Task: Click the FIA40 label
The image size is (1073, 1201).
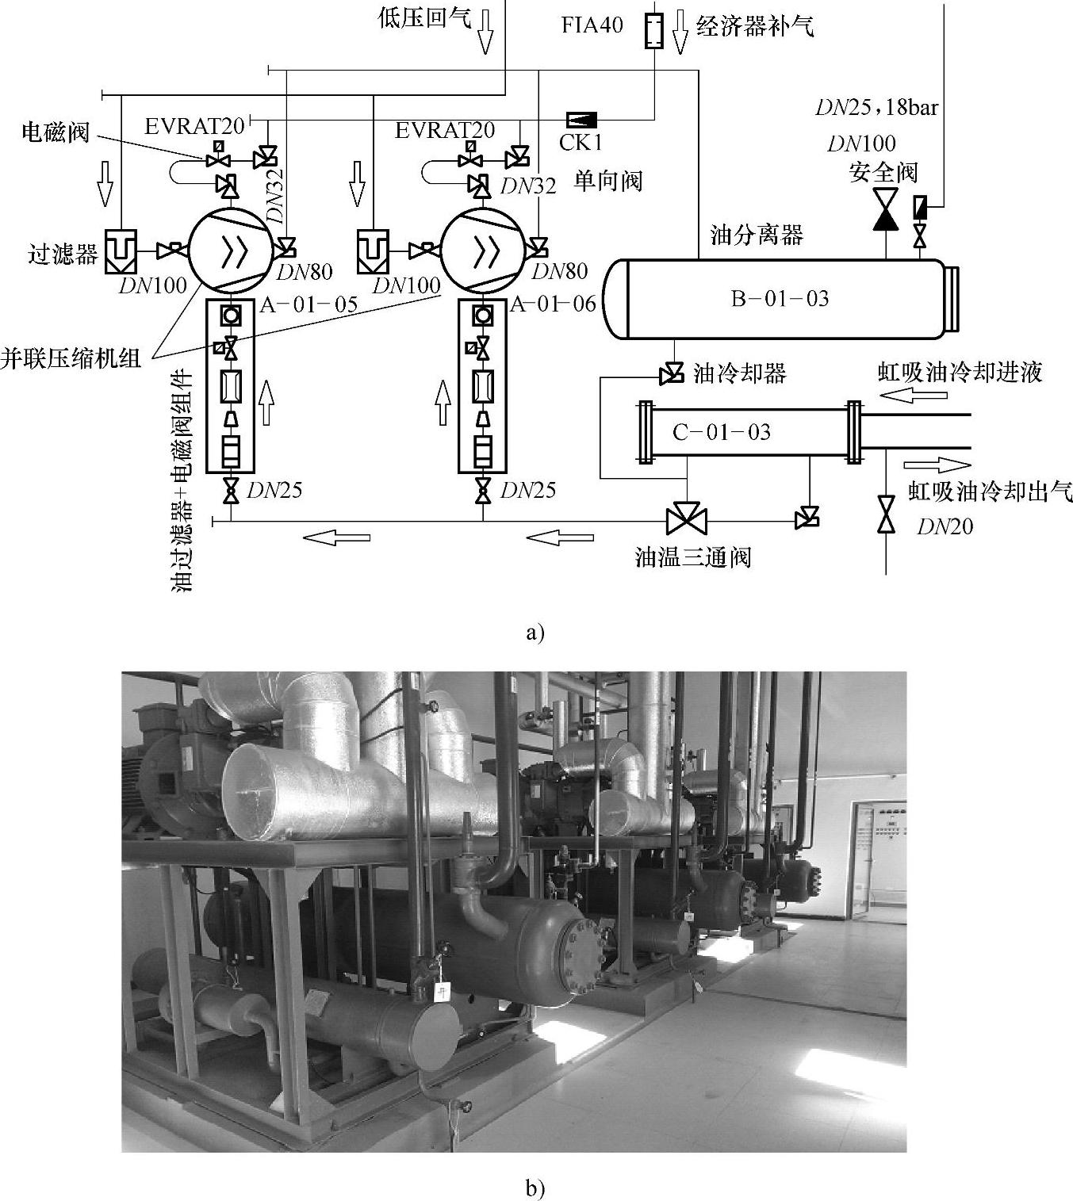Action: [x=592, y=25]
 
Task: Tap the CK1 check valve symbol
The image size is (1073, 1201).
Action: [x=582, y=120]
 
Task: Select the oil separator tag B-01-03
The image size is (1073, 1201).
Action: [x=779, y=299]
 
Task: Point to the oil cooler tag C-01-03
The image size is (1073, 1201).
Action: [x=721, y=432]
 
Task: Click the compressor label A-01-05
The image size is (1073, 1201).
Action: [x=308, y=304]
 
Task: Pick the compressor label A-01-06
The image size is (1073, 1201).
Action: [x=554, y=304]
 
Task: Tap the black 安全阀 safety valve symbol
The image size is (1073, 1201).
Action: [x=885, y=209]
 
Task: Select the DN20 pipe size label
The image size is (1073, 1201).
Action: [x=945, y=526]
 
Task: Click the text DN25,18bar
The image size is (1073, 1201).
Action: [x=876, y=107]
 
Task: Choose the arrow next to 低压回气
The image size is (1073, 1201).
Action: [x=485, y=32]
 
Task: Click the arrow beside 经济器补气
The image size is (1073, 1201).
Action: [x=680, y=32]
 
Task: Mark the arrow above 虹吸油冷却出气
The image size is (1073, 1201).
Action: [x=937, y=465]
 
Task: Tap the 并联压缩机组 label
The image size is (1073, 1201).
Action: [x=71, y=358]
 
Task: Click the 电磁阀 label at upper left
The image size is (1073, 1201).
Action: [x=56, y=132]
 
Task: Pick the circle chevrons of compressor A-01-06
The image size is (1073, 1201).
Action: [x=482, y=251]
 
